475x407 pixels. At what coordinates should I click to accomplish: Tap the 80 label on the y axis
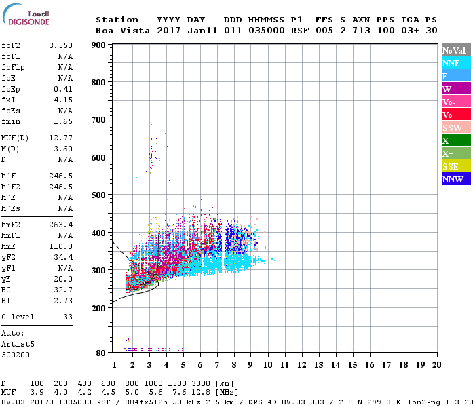[100, 353]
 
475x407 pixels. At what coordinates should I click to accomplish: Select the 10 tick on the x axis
[267, 365]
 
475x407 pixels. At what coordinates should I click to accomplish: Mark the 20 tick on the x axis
[436, 365]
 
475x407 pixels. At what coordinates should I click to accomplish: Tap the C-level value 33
[68, 317]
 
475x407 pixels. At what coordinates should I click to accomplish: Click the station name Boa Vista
[117, 31]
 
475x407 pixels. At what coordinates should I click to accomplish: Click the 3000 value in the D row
[191, 384]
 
